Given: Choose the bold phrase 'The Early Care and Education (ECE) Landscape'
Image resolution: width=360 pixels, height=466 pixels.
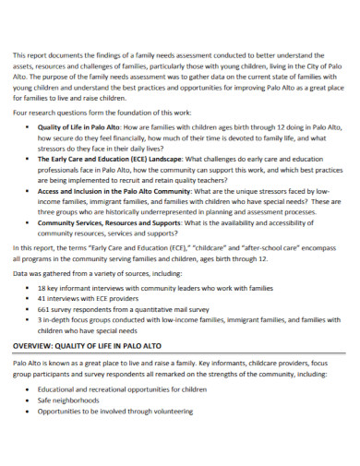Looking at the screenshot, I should click(110, 158).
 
